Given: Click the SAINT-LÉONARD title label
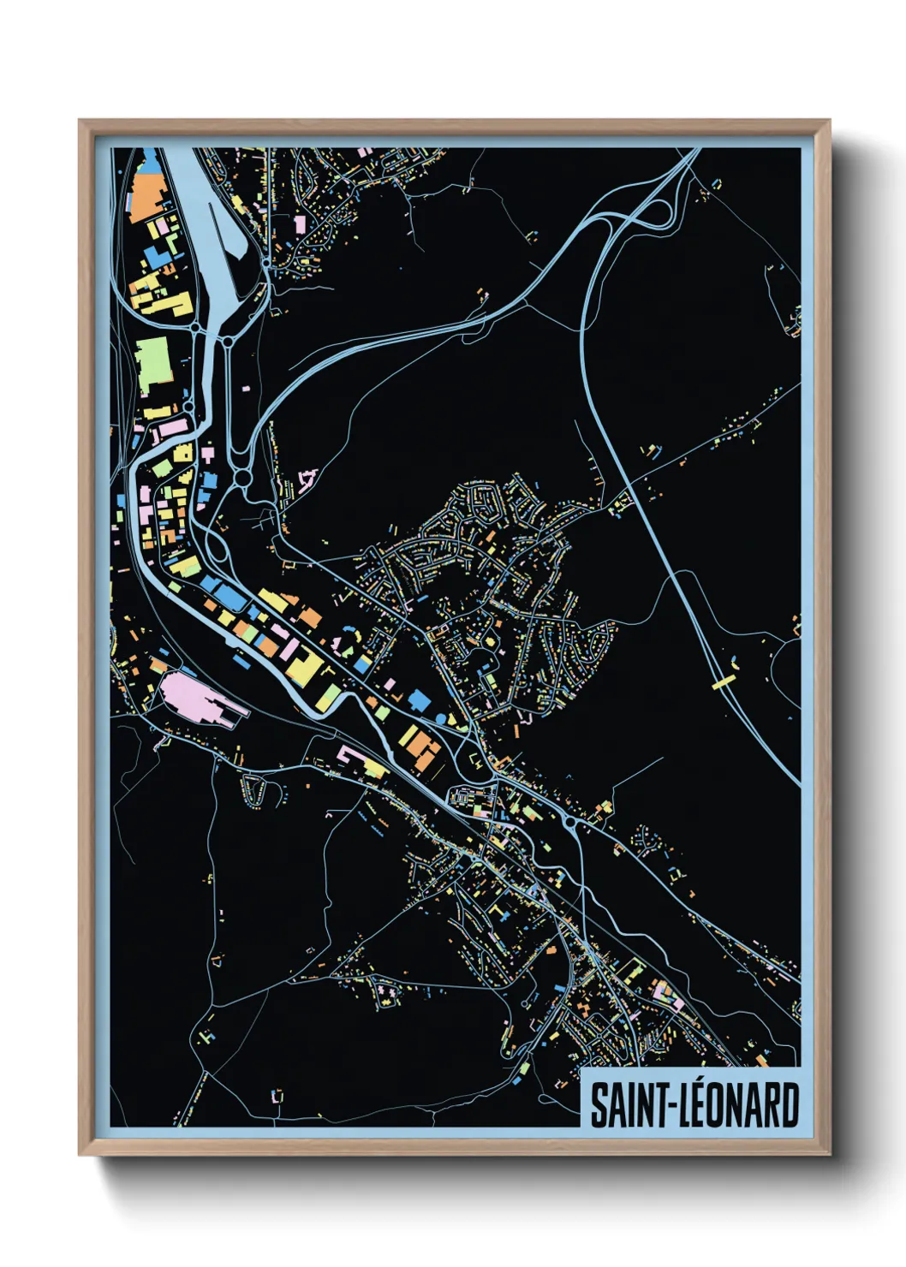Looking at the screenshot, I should click(694, 1105).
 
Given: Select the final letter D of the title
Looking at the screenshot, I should click(789, 1106).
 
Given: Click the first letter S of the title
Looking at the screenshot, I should click(599, 1106).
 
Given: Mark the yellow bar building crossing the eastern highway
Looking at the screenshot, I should click(724, 681).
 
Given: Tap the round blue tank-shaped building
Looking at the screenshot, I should click(442, 717).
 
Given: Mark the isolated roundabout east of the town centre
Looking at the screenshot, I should click(570, 824).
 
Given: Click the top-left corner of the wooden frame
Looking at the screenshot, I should click(80, 121).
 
